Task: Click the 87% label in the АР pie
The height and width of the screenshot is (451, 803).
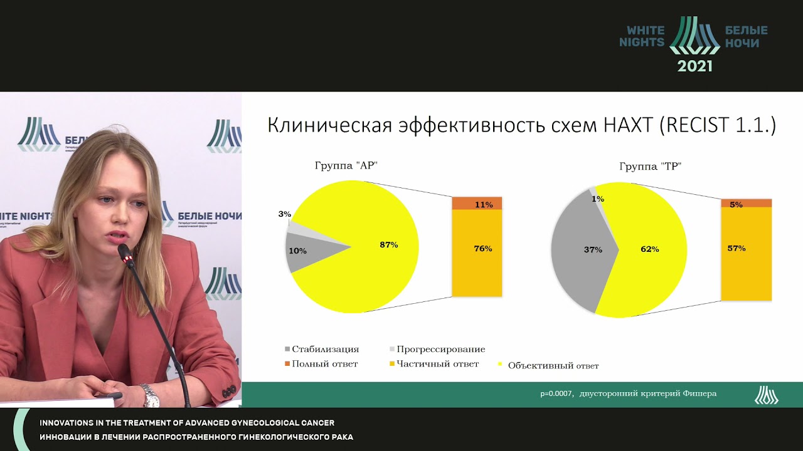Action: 388,245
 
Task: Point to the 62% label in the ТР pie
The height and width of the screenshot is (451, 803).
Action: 649,249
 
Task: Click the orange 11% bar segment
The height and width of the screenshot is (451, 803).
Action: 477,204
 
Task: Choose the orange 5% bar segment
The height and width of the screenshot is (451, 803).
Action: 746,203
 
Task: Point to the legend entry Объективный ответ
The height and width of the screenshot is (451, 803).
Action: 553,366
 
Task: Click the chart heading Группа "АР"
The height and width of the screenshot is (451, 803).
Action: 346,166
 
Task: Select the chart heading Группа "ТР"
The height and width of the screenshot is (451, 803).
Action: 651,167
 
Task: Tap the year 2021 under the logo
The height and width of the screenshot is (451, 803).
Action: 694,66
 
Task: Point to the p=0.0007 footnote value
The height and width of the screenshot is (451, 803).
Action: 556,394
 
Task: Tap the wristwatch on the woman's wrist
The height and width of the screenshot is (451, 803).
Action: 149,395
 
